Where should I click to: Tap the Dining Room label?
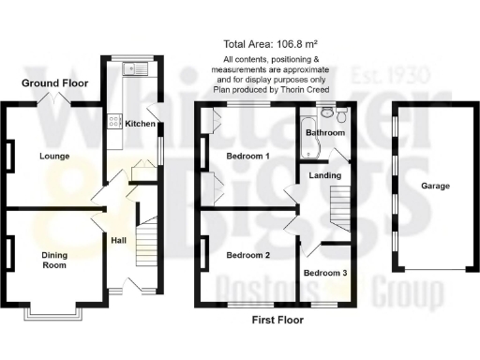tap(54, 260)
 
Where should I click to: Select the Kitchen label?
tap(140, 124)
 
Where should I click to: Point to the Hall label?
tap(118, 240)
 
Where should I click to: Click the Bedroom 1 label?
tap(248, 157)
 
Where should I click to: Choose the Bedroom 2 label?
tap(248, 255)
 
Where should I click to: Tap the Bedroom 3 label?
tap(325, 273)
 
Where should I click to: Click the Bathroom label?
tap(325, 133)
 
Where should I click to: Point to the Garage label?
tap(435, 186)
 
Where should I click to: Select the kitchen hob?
tap(114, 120)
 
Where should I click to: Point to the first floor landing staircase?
tap(342, 205)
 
